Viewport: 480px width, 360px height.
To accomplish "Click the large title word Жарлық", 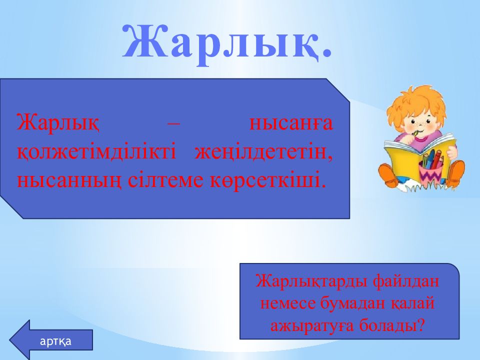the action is click(227, 42).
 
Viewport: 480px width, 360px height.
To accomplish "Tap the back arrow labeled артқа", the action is click(51, 340).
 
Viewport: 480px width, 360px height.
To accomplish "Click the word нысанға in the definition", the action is click(291, 122).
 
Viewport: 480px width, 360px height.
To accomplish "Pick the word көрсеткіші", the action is click(267, 179).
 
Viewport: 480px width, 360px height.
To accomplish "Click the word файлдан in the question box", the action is click(405, 280).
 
